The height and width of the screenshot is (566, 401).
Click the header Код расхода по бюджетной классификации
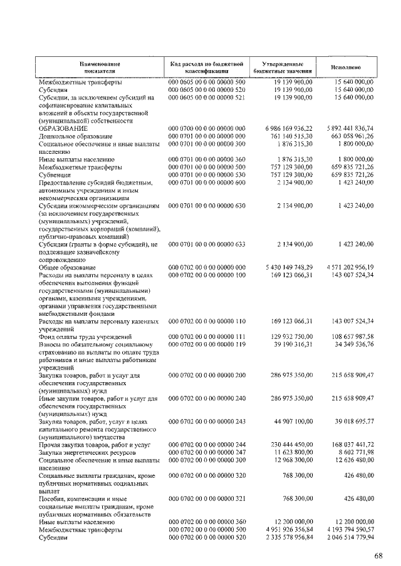(x=206, y=68)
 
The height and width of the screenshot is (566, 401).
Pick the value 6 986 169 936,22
(x=284, y=128)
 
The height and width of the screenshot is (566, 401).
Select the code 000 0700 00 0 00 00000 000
(x=206, y=128)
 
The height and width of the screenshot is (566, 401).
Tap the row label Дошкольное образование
(x=76, y=136)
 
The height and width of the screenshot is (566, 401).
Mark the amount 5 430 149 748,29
(x=284, y=267)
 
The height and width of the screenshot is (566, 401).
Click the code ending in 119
(x=206, y=343)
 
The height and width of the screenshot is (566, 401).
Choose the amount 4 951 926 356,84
(x=284, y=529)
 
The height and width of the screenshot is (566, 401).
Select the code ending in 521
(x=206, y=98)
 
